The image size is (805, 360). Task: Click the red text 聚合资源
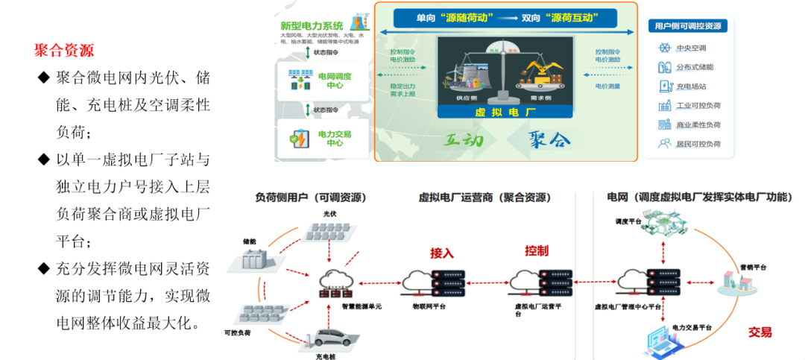[x=64, y=51]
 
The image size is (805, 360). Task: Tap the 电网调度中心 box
[x=324, y=80]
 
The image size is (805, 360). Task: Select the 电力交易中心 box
[x=324, y=139]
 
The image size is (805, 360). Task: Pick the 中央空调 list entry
[x=689, y=48]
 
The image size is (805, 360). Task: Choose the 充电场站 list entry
[x=689, y=86]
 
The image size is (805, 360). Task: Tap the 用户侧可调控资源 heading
[x=686, y=26]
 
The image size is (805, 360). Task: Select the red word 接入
[x=442, y=253]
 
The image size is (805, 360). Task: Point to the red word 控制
[x=536, y=250]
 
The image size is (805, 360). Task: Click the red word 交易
[x=760, y=332]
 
